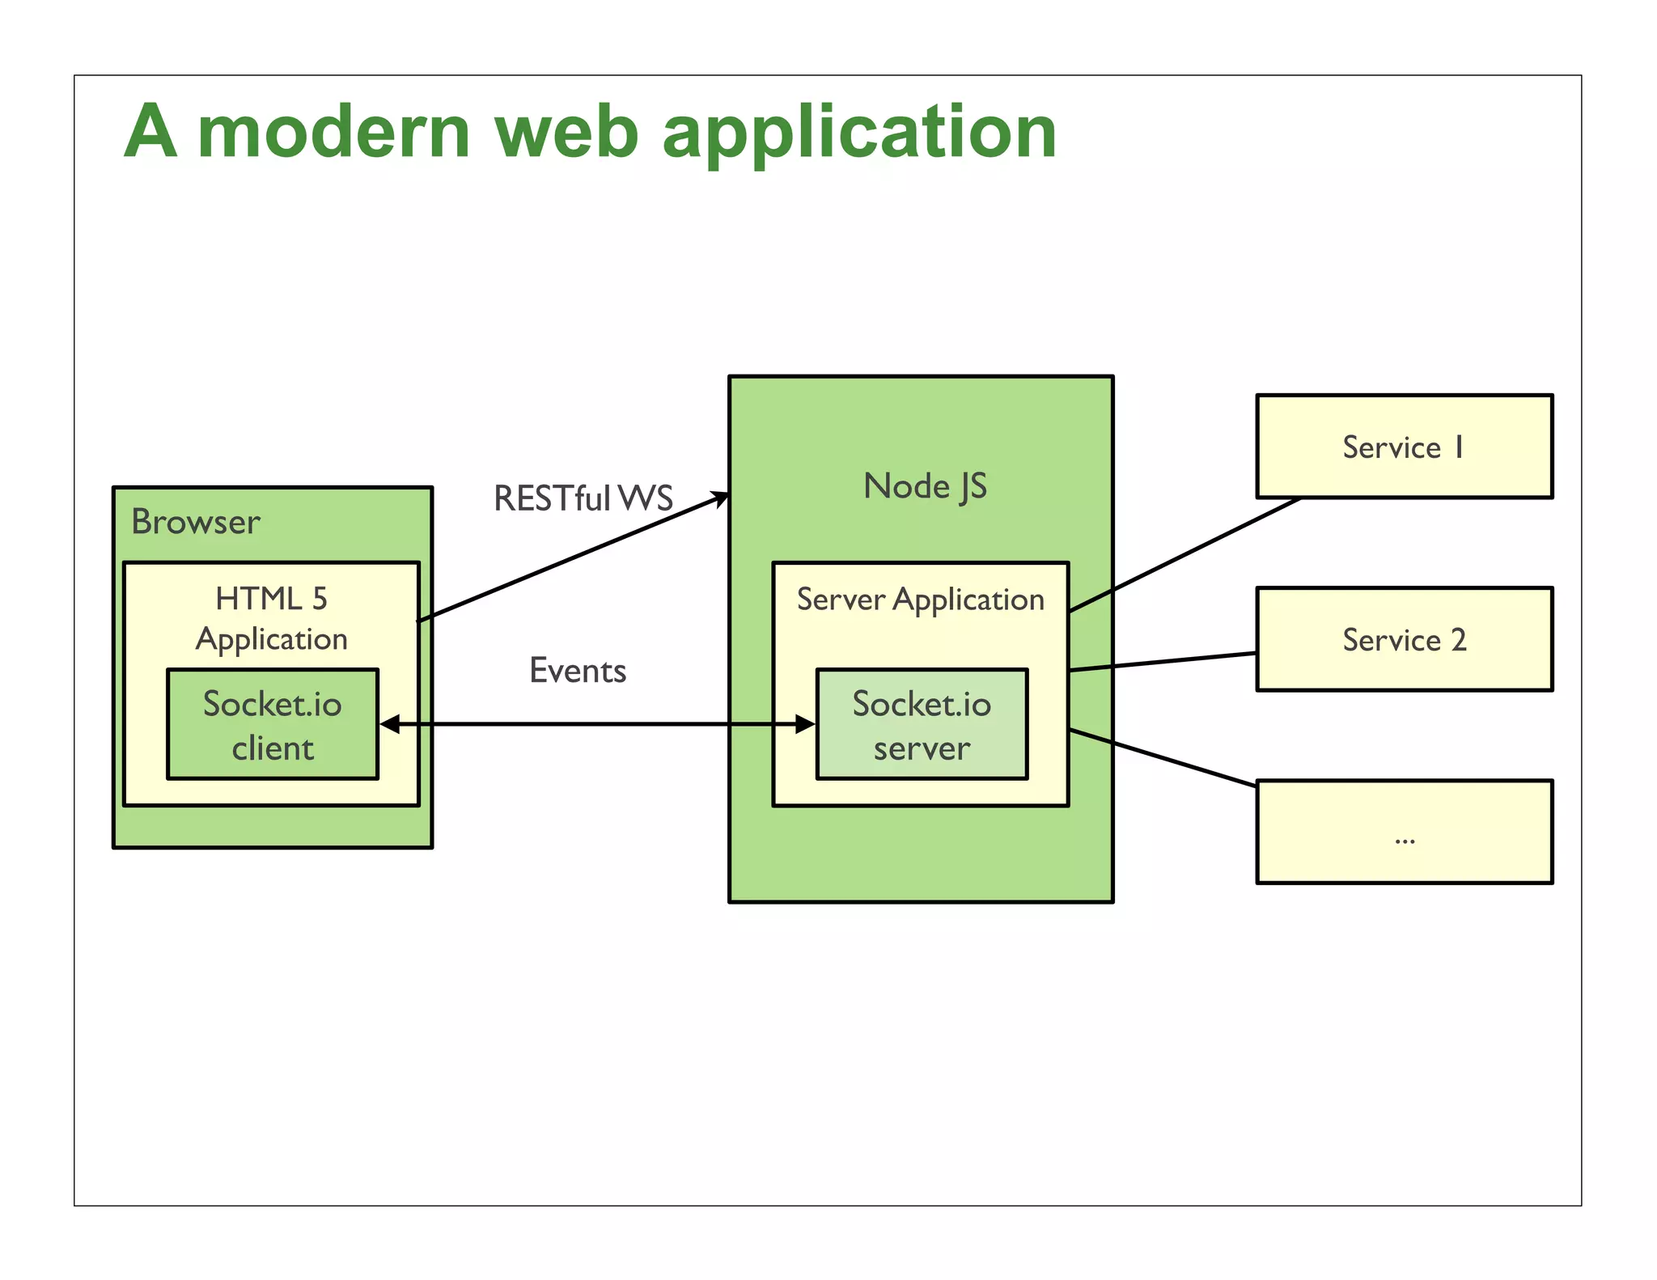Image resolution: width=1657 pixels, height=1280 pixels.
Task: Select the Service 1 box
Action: tap(1404, 447)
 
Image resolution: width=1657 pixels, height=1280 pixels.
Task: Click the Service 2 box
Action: tap(1404, 639)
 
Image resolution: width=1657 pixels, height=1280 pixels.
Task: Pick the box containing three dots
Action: tap(1404, 832)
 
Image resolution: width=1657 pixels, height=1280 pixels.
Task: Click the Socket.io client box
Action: tap(273, 725)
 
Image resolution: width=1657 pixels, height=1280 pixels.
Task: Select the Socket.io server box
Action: tap(922, 725)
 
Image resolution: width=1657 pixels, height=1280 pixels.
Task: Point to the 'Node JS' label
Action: tap(925, 486)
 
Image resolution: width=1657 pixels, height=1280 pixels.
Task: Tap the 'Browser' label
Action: tap(196, 522)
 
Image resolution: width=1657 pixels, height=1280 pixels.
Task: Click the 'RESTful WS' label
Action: tap(583, 498)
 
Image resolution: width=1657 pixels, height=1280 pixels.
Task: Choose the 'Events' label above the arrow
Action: tap(578, 671)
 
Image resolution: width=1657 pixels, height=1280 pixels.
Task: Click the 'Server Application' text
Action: tap(920, 600)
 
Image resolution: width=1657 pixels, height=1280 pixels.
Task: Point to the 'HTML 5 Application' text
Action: tap(272, 619)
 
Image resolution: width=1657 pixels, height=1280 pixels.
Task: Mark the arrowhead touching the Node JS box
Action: tap(719, 498)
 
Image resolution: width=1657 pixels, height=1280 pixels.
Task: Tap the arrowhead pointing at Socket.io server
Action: tap(805, 724)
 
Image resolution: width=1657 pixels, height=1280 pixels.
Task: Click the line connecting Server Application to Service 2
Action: tap(1163, 662)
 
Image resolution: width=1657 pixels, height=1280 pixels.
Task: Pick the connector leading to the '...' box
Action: tap(1163, 757)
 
